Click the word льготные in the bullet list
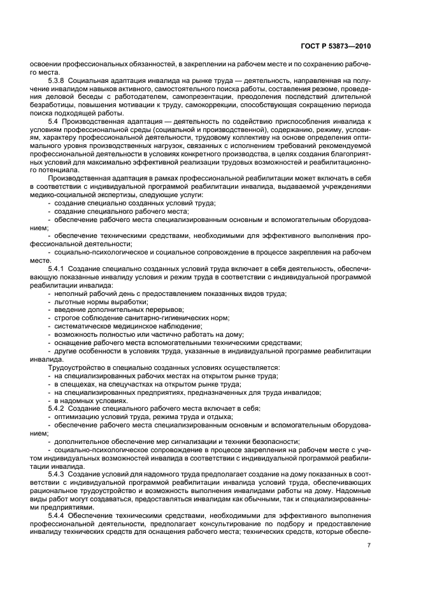pyautogui.click(x=68, y=300)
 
